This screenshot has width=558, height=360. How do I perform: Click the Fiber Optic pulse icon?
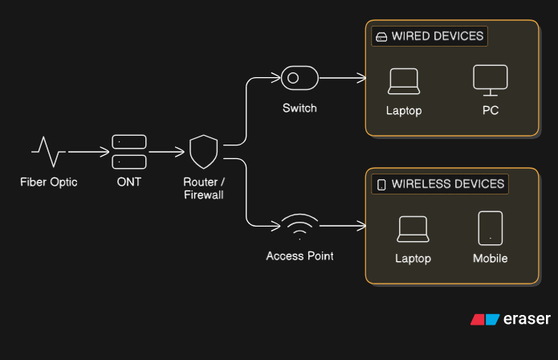pyautogui.click(x=48, y=150)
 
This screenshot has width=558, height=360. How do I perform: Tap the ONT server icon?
pyautogui.click(x=128, y=151)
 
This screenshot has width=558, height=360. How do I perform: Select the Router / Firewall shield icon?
pyautogui.click(x=203, y=151)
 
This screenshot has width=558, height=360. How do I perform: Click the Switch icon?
pyautogui.click(x=299, y=78)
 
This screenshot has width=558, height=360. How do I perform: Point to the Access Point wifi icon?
pyautogui.click(x=299, y=227)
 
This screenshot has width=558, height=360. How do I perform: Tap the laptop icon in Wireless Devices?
pyautogui.click(x=413, y=230)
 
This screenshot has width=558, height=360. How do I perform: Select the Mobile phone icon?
pyautogui.click(x=490, y=227)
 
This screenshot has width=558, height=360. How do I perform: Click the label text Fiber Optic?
pyautogui.click(x=48, y=182)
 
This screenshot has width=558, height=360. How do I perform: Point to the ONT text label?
pyautogui.click(x=128, y=182)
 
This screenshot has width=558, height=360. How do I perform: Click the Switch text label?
pyautogui.click(x=299, y=108)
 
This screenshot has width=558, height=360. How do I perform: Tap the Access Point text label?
pyautogui.click(x=299, y=256)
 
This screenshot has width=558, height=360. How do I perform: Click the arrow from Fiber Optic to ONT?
pyautogui.click(x=88, y=151)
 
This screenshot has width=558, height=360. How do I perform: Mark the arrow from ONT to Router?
pyautogui.click(x=167, y=151)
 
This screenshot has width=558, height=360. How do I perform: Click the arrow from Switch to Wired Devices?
pyautogui.click(x=342, y=78)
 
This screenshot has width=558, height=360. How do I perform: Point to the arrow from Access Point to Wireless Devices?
pyautogui.click(x=342, y=227)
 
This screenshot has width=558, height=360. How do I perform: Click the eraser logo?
pyautogui.click(x=511, y=319)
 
